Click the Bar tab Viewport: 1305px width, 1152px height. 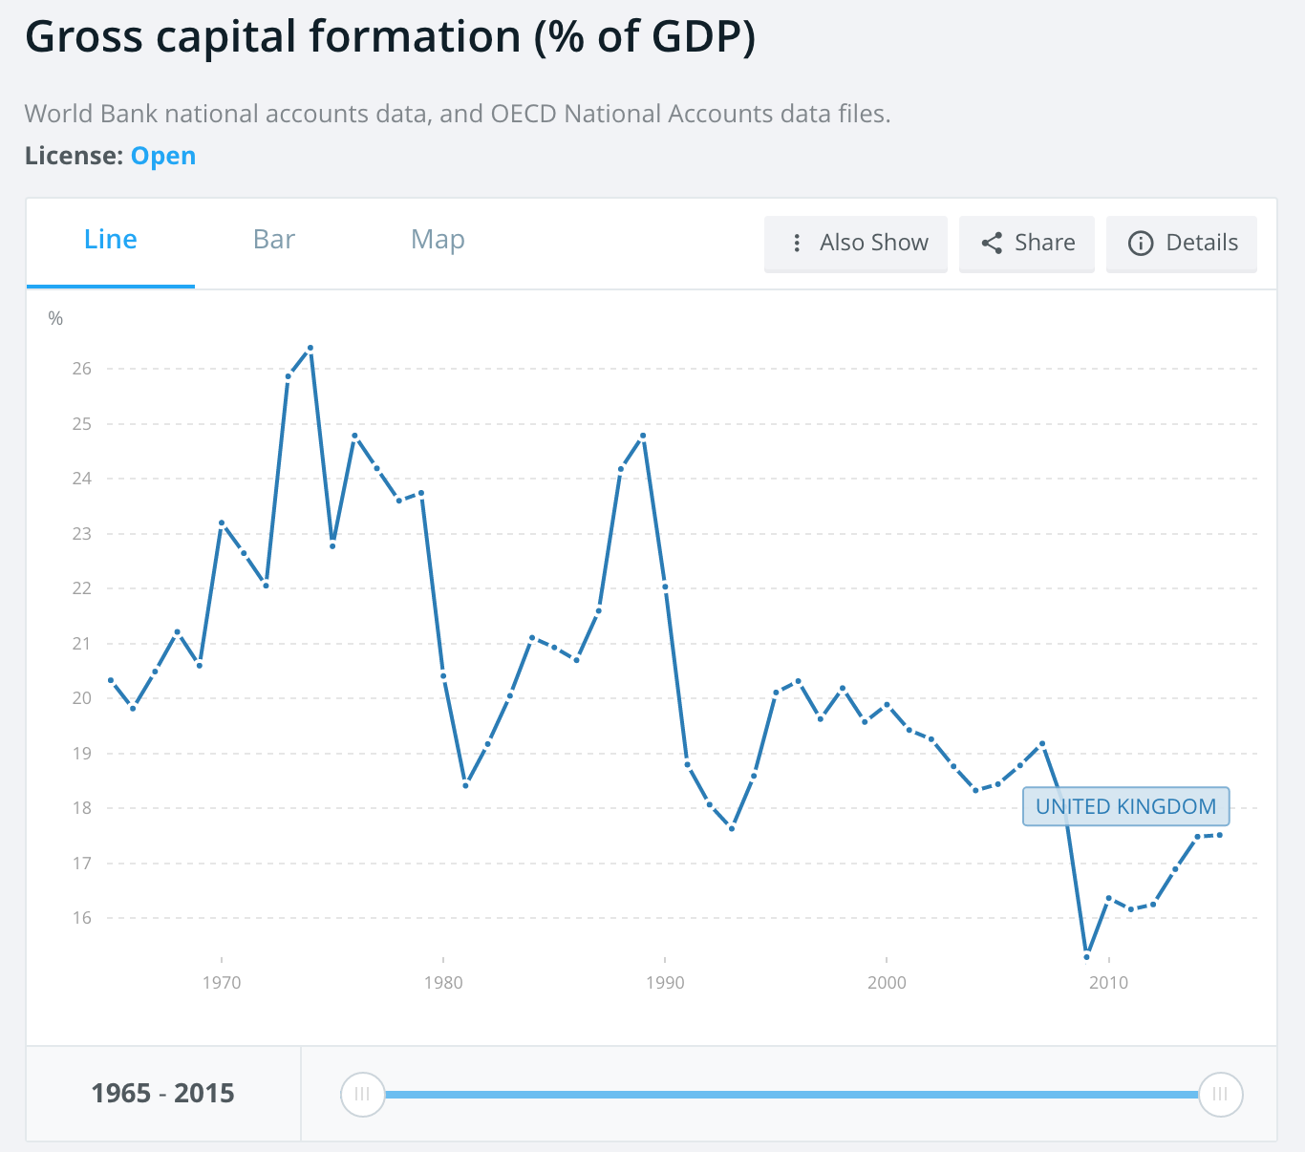274,240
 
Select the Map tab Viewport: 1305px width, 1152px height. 438,240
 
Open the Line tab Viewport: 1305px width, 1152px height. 111,240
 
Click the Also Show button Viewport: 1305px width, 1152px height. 856,244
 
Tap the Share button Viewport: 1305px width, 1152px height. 1027,244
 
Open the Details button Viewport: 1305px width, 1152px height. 1182,244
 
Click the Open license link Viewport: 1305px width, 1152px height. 163,156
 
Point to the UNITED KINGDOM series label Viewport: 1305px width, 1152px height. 1125,807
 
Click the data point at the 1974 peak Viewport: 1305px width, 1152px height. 310,348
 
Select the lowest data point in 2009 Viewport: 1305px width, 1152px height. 1087,957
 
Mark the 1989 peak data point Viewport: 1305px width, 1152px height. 643,436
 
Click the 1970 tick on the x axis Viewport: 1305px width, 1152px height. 222,982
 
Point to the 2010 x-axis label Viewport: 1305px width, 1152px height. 1108,982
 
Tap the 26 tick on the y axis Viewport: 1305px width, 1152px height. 81,369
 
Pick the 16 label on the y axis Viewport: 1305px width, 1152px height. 81,918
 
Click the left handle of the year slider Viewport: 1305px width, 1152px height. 362,1095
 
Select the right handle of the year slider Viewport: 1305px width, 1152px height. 1220,1095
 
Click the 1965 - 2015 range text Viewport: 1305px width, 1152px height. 163,1094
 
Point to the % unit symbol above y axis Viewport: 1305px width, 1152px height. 55,319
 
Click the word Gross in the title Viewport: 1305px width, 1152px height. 84,38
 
